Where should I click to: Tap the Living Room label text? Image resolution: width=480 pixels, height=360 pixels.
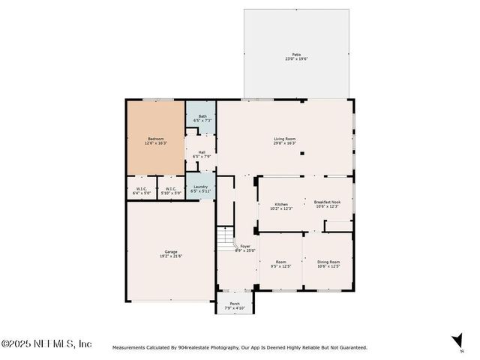284,138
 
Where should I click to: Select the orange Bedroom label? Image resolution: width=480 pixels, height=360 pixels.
155,138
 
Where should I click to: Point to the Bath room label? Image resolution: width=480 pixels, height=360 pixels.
202,115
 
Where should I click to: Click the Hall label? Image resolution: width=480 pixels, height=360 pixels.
202,152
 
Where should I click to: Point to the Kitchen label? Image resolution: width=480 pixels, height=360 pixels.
281,204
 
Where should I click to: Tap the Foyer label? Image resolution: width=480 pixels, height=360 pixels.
245,246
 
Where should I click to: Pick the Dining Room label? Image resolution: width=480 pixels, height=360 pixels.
328,261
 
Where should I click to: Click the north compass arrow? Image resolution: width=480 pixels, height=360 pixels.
457,340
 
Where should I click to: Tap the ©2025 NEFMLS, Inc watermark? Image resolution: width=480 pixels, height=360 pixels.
46,343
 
